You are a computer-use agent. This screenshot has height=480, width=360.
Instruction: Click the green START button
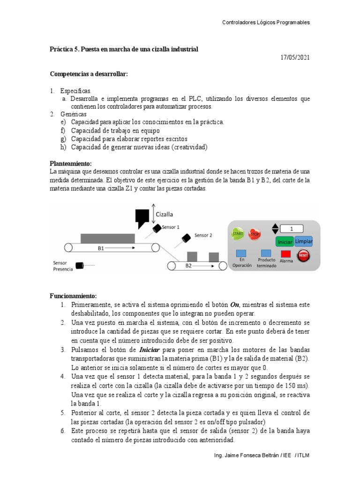pos(238,233)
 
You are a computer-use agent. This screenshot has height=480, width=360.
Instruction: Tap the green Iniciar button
pos(285,242)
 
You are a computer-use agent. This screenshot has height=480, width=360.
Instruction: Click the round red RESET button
pos(304,255)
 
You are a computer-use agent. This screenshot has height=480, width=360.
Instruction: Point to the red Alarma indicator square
pos(286,254)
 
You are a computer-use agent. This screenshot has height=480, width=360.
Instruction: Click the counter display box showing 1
pos(292,229)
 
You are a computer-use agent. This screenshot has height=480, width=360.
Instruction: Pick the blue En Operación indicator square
pos(242,253)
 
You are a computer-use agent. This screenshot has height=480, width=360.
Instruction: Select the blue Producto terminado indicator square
pos(266,253)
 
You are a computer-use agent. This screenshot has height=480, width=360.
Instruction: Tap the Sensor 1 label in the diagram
pos(171,227)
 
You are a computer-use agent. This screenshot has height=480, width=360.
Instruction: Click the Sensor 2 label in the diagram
pos(203,235)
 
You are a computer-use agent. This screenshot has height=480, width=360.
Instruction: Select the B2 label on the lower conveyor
pos(188,266)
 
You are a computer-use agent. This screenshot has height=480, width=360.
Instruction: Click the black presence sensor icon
pos(80,266)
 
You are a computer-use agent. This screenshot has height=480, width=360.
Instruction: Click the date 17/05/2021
pos(295,58)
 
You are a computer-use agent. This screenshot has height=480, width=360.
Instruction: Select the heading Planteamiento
pos(71,164)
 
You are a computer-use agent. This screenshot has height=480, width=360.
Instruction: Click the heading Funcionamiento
pos(73,296)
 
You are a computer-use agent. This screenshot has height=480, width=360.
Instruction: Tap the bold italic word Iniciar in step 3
pos(151,350)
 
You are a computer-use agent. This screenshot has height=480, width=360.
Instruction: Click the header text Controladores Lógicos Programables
pos(265,22)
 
